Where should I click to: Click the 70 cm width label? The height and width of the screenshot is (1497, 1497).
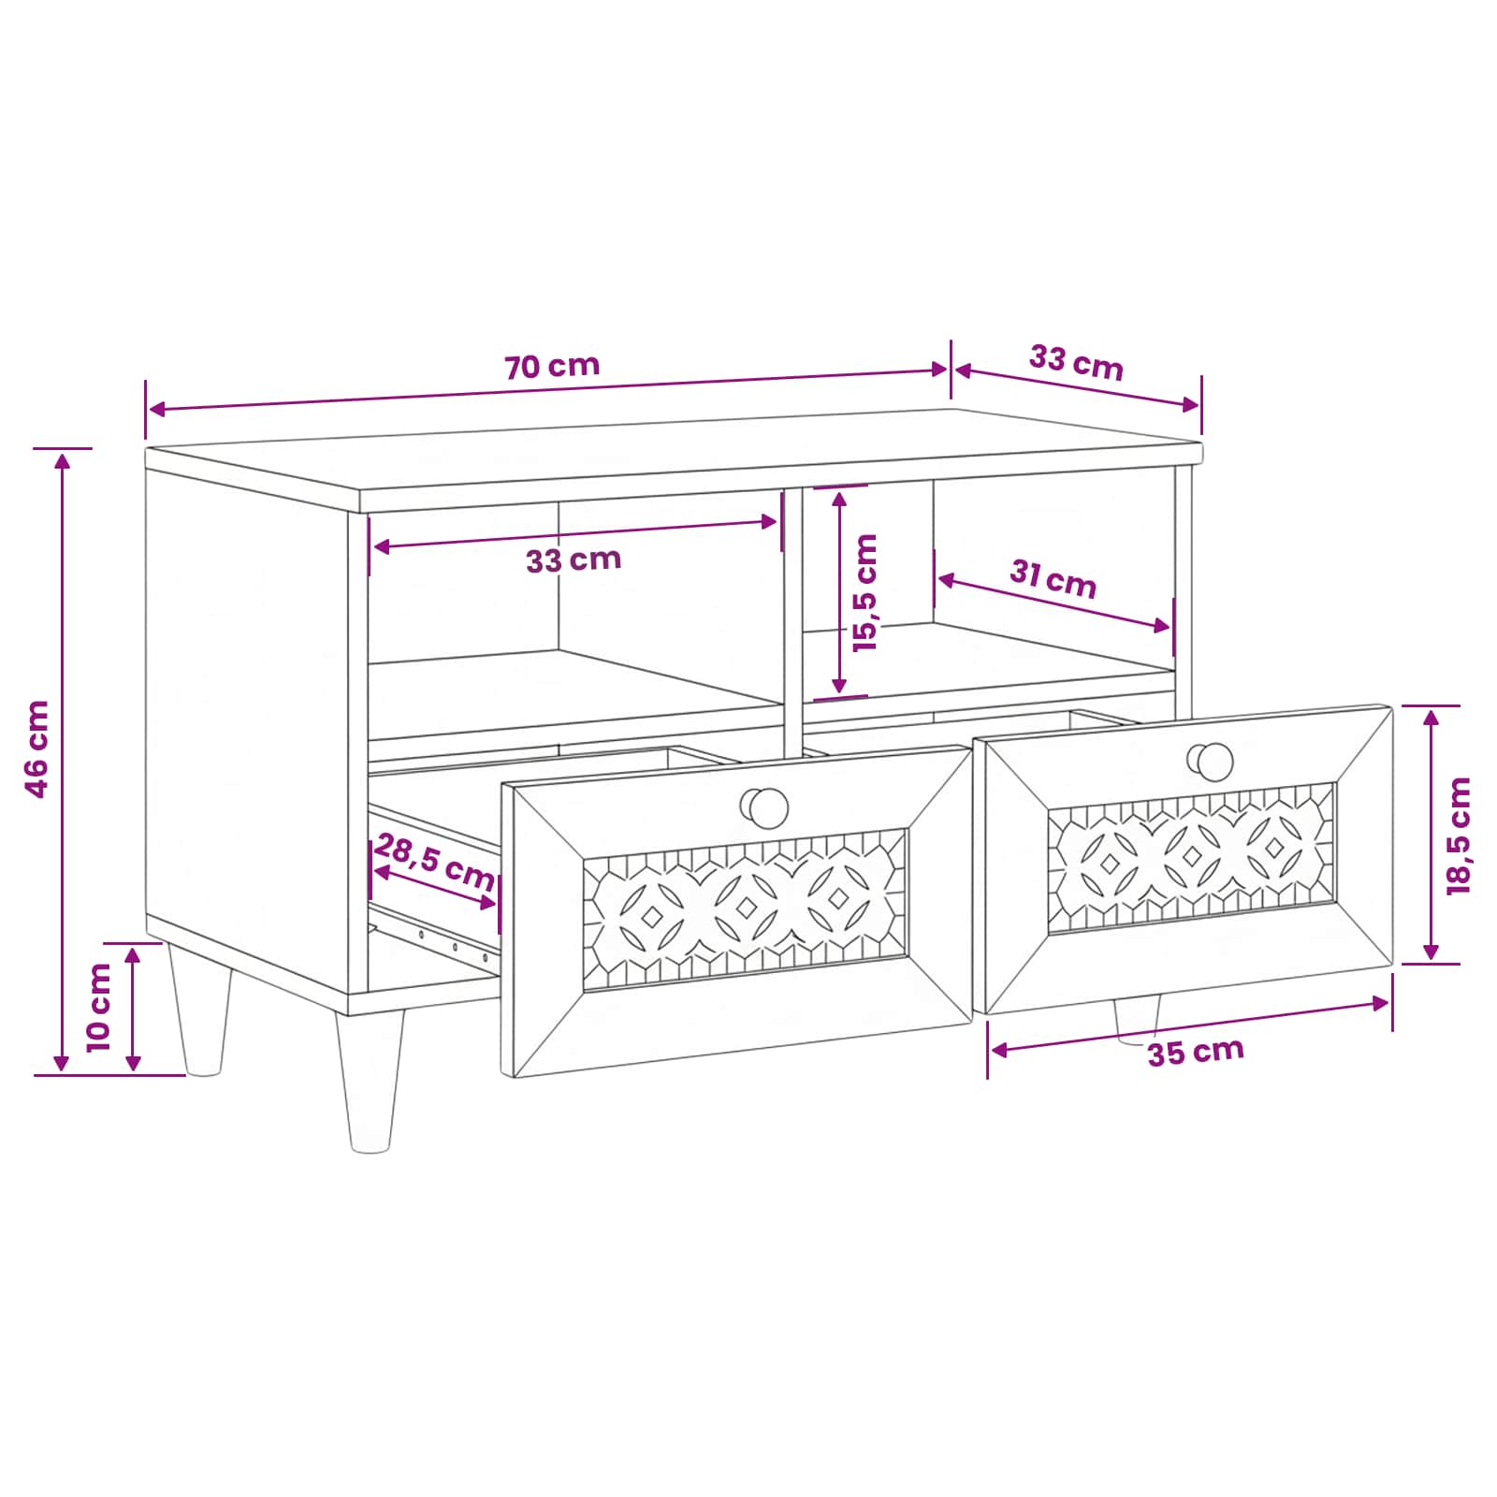click(552, 366)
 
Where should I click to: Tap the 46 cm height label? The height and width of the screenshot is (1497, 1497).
click(37, 748)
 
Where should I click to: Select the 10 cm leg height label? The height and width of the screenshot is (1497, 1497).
click(98, 1007)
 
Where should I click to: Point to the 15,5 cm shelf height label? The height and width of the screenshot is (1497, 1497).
click(865, 592)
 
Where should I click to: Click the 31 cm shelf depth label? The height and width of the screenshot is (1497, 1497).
click(1053, 577)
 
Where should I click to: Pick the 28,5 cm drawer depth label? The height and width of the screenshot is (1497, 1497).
click(434, 863)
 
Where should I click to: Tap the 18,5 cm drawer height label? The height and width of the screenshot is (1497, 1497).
click(1459, 836)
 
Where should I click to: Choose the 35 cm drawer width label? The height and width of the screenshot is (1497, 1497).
click(1196, 1052)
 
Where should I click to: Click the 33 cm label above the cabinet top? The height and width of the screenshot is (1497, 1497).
click(1076, 362)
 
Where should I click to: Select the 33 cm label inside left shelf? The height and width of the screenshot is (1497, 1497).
click(574, 560)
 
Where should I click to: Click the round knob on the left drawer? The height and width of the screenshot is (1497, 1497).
click(765, 807)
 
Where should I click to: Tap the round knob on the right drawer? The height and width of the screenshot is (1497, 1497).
click(1212, 762)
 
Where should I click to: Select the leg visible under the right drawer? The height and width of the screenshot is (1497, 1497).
click(1138, 1019)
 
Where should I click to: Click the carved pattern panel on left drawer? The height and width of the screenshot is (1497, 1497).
click(746, 908)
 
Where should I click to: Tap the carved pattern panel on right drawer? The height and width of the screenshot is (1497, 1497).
click(1192, 857)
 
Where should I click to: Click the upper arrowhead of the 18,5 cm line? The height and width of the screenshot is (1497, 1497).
click(1432, 718)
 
